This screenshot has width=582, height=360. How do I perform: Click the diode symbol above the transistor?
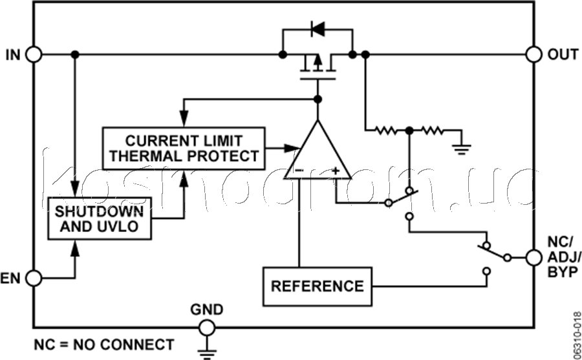(318, 29)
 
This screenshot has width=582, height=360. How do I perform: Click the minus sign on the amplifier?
(299, 171)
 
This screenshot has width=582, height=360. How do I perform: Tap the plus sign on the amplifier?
(335, 171)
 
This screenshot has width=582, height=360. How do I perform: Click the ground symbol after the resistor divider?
(461, 149)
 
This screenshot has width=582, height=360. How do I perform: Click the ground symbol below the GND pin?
(207, 354)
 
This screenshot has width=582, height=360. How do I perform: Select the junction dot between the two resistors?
(409, 131)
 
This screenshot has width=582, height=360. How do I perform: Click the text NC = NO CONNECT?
(104, 344)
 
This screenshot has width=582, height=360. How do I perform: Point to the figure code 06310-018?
(576, 334)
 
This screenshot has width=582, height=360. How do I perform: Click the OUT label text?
(563, 54)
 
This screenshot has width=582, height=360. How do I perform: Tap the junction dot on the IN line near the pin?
(75, 54)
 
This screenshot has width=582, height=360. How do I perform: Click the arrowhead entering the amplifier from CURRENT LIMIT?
(292, 148)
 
